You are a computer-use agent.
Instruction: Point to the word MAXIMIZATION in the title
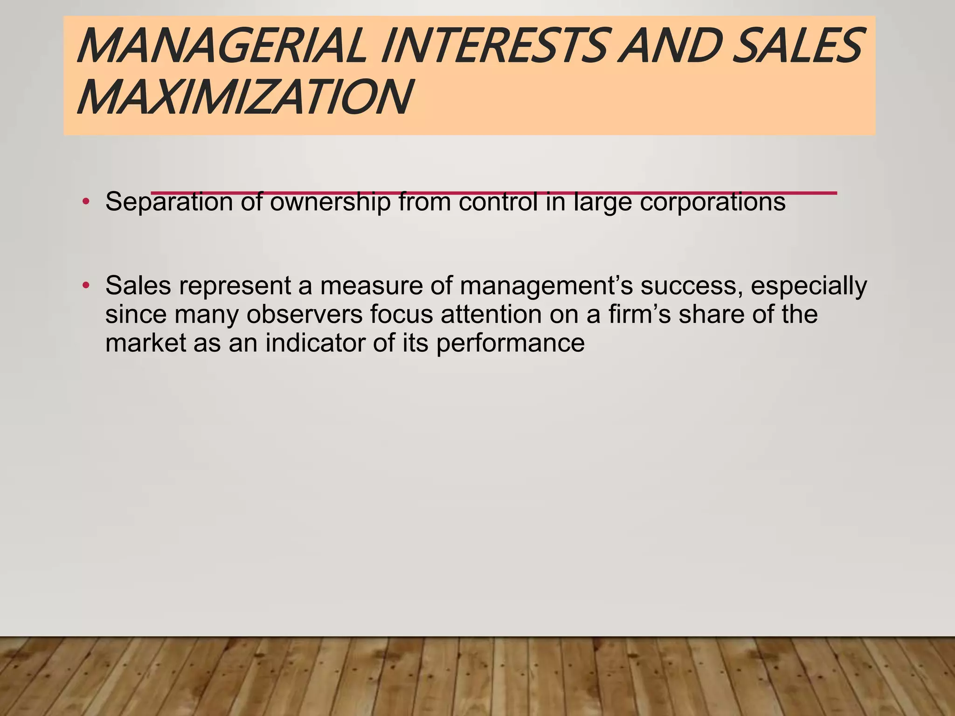pyautogui.click(x=244, y=97)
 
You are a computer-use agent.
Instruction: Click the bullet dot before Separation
pyautogui.click(x=85, y=202)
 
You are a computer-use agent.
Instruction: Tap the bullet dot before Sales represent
pyautogui.click(x=85, y=285)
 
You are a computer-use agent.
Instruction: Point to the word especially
pyautogui.click(x=809, y=286)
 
